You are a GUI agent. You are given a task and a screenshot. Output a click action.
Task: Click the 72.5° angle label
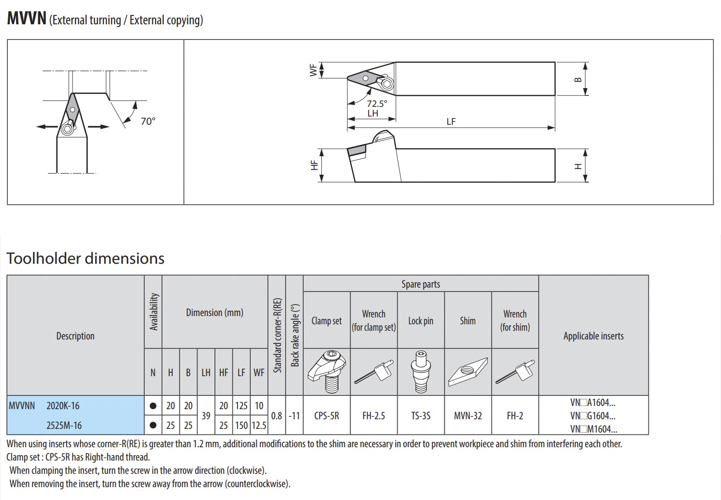(x=377, y=104)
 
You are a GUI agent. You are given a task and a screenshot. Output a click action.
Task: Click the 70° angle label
(x=148, y=122)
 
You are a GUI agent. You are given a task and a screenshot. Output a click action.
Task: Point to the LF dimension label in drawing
(x=451, y=122)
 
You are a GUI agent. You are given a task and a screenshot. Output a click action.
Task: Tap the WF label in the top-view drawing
(x=313, y=70)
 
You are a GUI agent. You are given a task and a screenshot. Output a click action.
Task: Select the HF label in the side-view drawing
(x=314, y=165)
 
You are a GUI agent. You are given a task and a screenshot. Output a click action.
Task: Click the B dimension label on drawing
(x=578, y=79)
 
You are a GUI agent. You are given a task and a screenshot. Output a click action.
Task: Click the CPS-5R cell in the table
(x=326, y=416)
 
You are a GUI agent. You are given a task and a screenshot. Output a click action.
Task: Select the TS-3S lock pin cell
(x=420, y=416)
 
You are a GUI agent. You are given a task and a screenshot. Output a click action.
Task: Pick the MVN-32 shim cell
(x=468, y=416)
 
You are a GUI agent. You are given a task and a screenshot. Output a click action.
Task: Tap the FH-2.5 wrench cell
(x=374, y=416)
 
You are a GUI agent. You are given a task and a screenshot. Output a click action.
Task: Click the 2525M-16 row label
(x=64, y=426)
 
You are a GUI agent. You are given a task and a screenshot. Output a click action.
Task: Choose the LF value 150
(x=241, y=426)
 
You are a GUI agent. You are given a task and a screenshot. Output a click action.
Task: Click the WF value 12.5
(x=259, y=426)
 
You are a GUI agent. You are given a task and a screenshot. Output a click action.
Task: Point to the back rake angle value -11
(x=294, y=416)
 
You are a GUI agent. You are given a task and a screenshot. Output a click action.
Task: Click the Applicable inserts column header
(x=593, y=336)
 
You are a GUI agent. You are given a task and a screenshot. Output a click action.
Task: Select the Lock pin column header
(x=420, y=321)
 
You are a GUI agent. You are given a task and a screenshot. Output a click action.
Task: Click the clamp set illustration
(x=326, y=372)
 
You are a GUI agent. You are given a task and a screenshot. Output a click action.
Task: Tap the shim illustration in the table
(x=468, y=372)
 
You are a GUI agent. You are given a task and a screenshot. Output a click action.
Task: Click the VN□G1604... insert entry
(x=593, y=416)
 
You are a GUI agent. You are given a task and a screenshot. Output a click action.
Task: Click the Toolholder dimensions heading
(x=85, y=258)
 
